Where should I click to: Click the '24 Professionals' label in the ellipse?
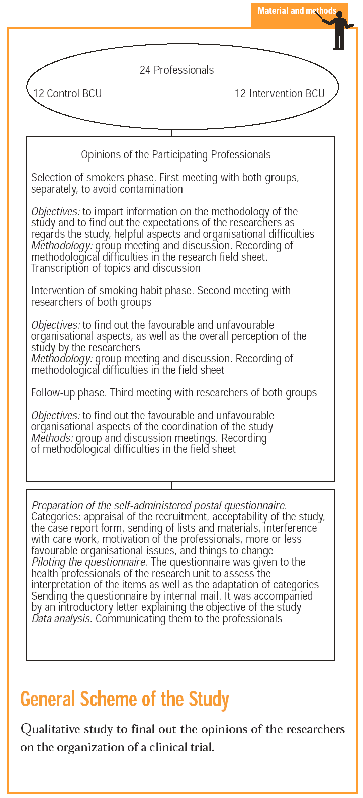[176, 70]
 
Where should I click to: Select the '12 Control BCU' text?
[67, 94]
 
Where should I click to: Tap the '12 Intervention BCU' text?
[280, 94]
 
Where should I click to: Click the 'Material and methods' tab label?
[297, 11]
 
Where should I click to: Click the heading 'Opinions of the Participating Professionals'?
[176, 155]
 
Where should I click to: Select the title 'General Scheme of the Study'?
[125, 699]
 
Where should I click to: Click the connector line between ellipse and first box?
[171, 133]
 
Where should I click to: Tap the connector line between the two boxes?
[171, 485]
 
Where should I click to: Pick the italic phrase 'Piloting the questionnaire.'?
[89, 562]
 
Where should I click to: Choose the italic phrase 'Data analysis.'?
[62, 618]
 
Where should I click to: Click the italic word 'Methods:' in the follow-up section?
[52, 438]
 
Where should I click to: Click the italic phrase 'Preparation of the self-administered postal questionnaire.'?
[159, 506]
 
